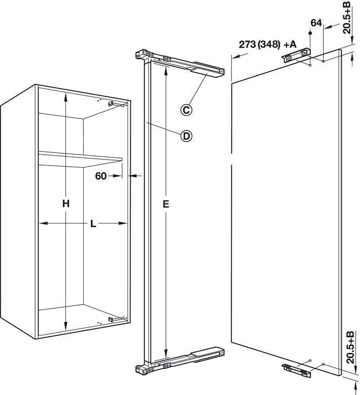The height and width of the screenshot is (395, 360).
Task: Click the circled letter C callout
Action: (186, 110)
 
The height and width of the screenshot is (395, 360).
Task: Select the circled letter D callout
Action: (186, 136)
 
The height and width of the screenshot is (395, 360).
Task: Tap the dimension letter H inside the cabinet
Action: (66, 203)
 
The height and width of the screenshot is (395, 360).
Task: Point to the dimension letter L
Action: (94, 223)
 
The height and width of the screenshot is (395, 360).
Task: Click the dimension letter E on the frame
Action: (166, 204)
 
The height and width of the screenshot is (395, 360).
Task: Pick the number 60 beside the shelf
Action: (101, 176)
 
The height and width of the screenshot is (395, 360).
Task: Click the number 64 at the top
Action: (316, 23)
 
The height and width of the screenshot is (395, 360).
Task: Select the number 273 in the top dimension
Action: (248, 44)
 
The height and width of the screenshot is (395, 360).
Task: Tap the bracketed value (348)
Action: (269, 44)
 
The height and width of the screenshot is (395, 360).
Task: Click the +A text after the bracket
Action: (290, 44)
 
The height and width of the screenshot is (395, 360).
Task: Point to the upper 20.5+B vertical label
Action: (348, 17)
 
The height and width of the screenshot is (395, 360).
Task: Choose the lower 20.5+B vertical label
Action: (350, 347)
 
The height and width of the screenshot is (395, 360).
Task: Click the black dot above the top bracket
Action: (310, 33)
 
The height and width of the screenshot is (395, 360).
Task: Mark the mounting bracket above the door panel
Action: (296, 55)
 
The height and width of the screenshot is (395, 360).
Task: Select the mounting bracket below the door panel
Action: (296, 370)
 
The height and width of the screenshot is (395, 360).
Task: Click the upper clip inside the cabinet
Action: (110, 103)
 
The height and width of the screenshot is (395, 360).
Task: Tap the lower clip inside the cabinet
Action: (111, 319)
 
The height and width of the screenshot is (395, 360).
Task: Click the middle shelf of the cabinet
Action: (80, 159)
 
